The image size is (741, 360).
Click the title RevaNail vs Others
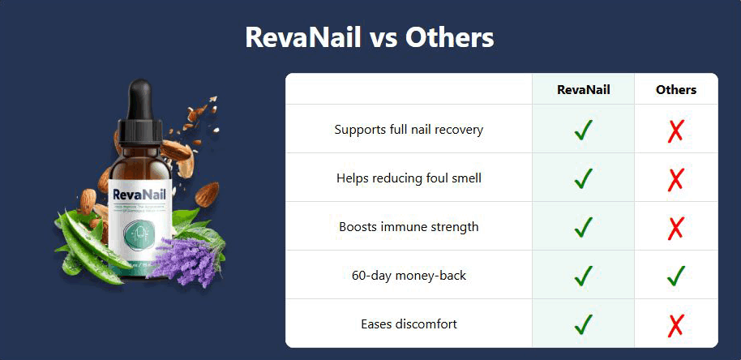[x=370, y=37]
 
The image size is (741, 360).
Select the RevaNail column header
[x=583, y=90]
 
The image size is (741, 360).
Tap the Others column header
[x=675, y=90]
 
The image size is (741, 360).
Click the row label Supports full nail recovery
[x=409, y=130]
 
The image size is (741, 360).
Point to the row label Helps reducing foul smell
[x=409, y=178]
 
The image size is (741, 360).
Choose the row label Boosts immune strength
[x=409, y=227]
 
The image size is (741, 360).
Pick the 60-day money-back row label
[x=409, y=276]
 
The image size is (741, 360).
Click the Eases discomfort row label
[x=409, y=324]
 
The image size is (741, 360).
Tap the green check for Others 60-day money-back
[x=675, y=276]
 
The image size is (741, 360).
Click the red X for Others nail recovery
[x=675, y=131]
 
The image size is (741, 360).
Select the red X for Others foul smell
[x=675, y=179]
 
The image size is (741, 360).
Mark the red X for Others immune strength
[x=675, y=228]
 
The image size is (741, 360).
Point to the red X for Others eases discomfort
[x=675, y=325]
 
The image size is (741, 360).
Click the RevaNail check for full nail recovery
[x=583, y=130]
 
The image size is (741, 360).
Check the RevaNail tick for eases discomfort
[x=583, y=324]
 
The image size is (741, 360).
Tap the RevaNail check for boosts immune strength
[x=583, y=227]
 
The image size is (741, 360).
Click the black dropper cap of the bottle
[x=143, y=105]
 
